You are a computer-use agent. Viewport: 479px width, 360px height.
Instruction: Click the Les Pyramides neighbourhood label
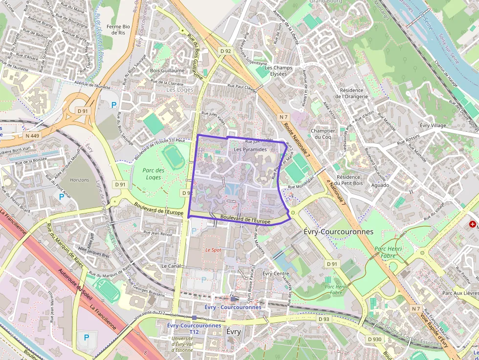(250, 149)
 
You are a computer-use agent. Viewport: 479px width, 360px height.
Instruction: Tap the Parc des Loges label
(153, 174)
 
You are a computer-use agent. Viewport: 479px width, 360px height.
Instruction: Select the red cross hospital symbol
(472, 224)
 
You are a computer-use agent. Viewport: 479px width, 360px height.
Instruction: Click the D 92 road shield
(225, 51)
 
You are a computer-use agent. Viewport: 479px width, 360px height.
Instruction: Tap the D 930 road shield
(374, 339)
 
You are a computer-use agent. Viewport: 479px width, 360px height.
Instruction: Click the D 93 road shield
(324, 319)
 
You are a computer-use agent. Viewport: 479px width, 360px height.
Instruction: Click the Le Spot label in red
(213, 250)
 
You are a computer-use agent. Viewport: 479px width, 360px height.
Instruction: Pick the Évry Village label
(433, 126)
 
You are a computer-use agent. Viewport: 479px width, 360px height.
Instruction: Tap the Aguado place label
(380, 185)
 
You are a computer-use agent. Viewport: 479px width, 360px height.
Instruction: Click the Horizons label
(80, 180)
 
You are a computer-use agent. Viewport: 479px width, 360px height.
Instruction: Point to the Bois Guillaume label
(167, 70)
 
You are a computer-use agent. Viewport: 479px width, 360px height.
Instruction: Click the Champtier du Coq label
(323, 134)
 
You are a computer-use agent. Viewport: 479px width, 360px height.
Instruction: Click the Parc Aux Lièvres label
(459, 293)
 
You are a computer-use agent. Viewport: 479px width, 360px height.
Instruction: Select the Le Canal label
(171, 266)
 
